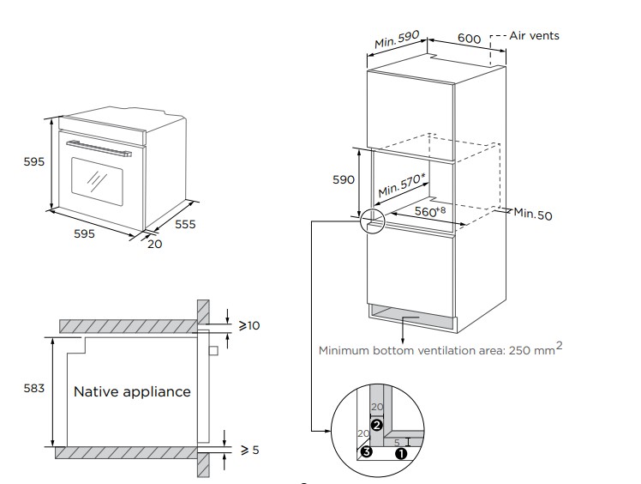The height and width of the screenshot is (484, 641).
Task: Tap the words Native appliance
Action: [x=132, y=391]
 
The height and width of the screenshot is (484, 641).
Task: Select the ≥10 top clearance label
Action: [x=249, y=326]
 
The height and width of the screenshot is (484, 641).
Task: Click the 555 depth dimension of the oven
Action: [x=185, y=225]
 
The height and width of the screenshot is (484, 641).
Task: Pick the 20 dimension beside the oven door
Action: [x=154, y=243]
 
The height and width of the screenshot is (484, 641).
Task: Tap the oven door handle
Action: [x=101, y=148]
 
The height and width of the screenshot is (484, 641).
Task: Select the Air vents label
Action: [x=534, y=35]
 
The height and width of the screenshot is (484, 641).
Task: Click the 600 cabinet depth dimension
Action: [x=469, y=39]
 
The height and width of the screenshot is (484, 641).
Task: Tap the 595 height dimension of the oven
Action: [x=33, y=161]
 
